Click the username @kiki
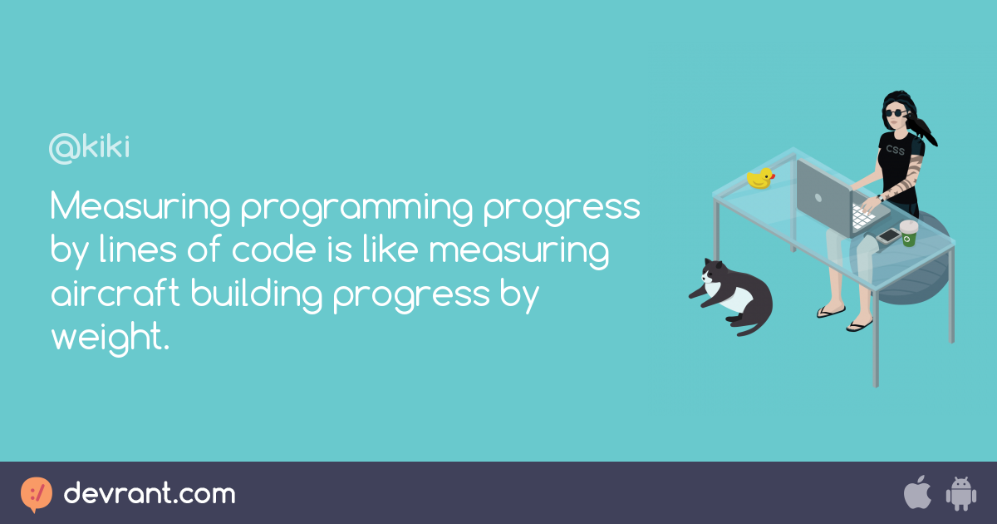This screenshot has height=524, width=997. [x=90, y=149]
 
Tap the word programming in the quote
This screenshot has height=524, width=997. [x=354, y=208]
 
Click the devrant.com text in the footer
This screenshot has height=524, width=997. [x=150, y=494]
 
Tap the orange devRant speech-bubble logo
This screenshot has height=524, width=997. [x=37, y=494]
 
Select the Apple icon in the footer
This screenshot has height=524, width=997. [x=916, y=493]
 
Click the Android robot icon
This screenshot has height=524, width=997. [x=960, y=493]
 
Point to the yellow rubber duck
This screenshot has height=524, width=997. [x=760, y=178]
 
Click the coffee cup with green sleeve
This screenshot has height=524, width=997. [x=908, y=233]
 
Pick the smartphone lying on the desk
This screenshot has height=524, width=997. [x=888, y=235]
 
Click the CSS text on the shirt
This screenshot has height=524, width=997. [x=895, y=151]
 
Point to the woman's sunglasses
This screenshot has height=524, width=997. [x=896, y=113]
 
